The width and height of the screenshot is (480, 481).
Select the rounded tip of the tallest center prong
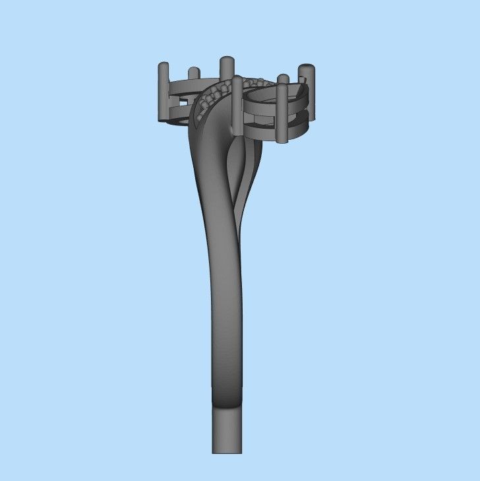point(227,61)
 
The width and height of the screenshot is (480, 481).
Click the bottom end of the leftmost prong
point(164,119)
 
